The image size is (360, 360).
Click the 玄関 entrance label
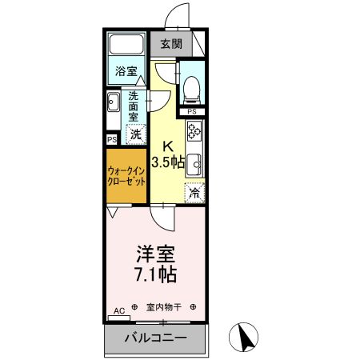click(170, 43)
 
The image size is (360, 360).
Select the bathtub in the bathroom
click(126, 45)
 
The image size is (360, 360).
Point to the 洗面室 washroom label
click(134, 104)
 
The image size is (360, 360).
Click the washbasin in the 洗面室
click(114, 102)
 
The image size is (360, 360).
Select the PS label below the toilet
click(191, 111)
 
